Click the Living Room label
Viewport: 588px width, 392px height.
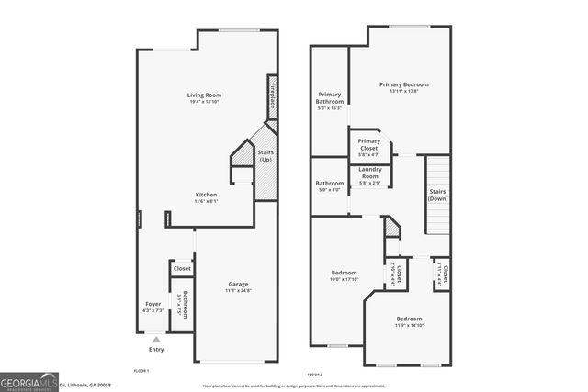click(204, 98)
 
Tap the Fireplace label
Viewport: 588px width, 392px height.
click(272, 94)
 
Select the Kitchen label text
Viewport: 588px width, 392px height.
click(205, 198)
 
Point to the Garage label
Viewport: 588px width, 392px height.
click(238, 287)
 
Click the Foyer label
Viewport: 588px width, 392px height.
click(153, 307)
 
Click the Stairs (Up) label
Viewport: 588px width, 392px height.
click(266, 156)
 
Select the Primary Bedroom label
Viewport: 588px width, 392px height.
click(403, 87)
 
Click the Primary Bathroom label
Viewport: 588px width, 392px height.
click(329, 100)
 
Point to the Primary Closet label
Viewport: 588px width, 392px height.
click(368, 147)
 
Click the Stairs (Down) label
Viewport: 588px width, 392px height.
click(438, 195)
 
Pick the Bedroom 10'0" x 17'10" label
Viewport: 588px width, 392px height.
click(345, 275)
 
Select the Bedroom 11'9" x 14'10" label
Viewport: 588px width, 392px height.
click(409, 320)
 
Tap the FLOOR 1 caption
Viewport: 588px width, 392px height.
click(141, 370)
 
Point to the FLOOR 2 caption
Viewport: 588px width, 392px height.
click(315, 375)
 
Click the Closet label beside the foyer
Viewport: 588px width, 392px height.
click(182, 269)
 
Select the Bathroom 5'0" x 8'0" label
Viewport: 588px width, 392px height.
click(329, 186)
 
